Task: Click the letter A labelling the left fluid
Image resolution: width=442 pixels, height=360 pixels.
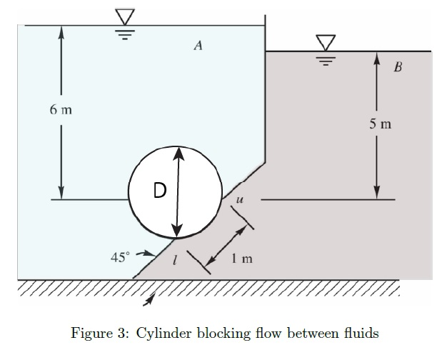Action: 199,46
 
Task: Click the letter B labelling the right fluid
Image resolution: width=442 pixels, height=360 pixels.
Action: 398,69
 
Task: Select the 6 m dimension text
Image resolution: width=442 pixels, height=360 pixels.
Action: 61,110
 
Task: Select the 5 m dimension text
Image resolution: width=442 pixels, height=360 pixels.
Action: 381,124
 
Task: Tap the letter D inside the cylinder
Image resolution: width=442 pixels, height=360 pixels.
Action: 160,190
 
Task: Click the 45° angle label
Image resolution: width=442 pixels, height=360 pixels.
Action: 119,258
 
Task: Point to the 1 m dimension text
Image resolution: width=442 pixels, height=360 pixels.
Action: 241,259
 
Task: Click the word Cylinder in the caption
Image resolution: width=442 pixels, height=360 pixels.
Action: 159,333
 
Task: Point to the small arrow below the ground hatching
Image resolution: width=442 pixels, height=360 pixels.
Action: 149,303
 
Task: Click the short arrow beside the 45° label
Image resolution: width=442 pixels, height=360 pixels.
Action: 146,253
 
